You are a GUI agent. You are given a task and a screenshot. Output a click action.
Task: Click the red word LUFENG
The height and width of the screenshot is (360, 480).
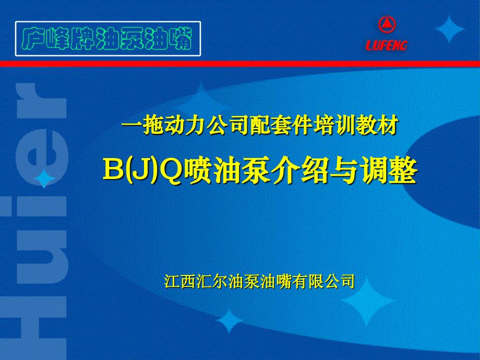tap(386, 45)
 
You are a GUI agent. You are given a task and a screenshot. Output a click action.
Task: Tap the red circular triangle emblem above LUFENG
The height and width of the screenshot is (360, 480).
tap(387, 25)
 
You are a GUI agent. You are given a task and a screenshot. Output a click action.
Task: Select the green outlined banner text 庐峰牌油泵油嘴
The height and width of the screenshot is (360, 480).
tap(108, 39)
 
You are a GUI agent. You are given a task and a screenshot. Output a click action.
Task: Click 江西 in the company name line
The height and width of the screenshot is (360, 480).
tap(180, 281)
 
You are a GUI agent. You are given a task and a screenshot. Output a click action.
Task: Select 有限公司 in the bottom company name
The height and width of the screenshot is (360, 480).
tap(323, 281)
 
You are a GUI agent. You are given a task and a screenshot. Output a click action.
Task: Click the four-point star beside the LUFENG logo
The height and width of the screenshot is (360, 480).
tap(449, 29)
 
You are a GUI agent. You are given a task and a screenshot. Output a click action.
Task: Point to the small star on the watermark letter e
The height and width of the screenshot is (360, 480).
tap(44, 178)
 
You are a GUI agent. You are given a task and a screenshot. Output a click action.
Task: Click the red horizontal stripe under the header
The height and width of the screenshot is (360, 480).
tap(240, 64)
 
